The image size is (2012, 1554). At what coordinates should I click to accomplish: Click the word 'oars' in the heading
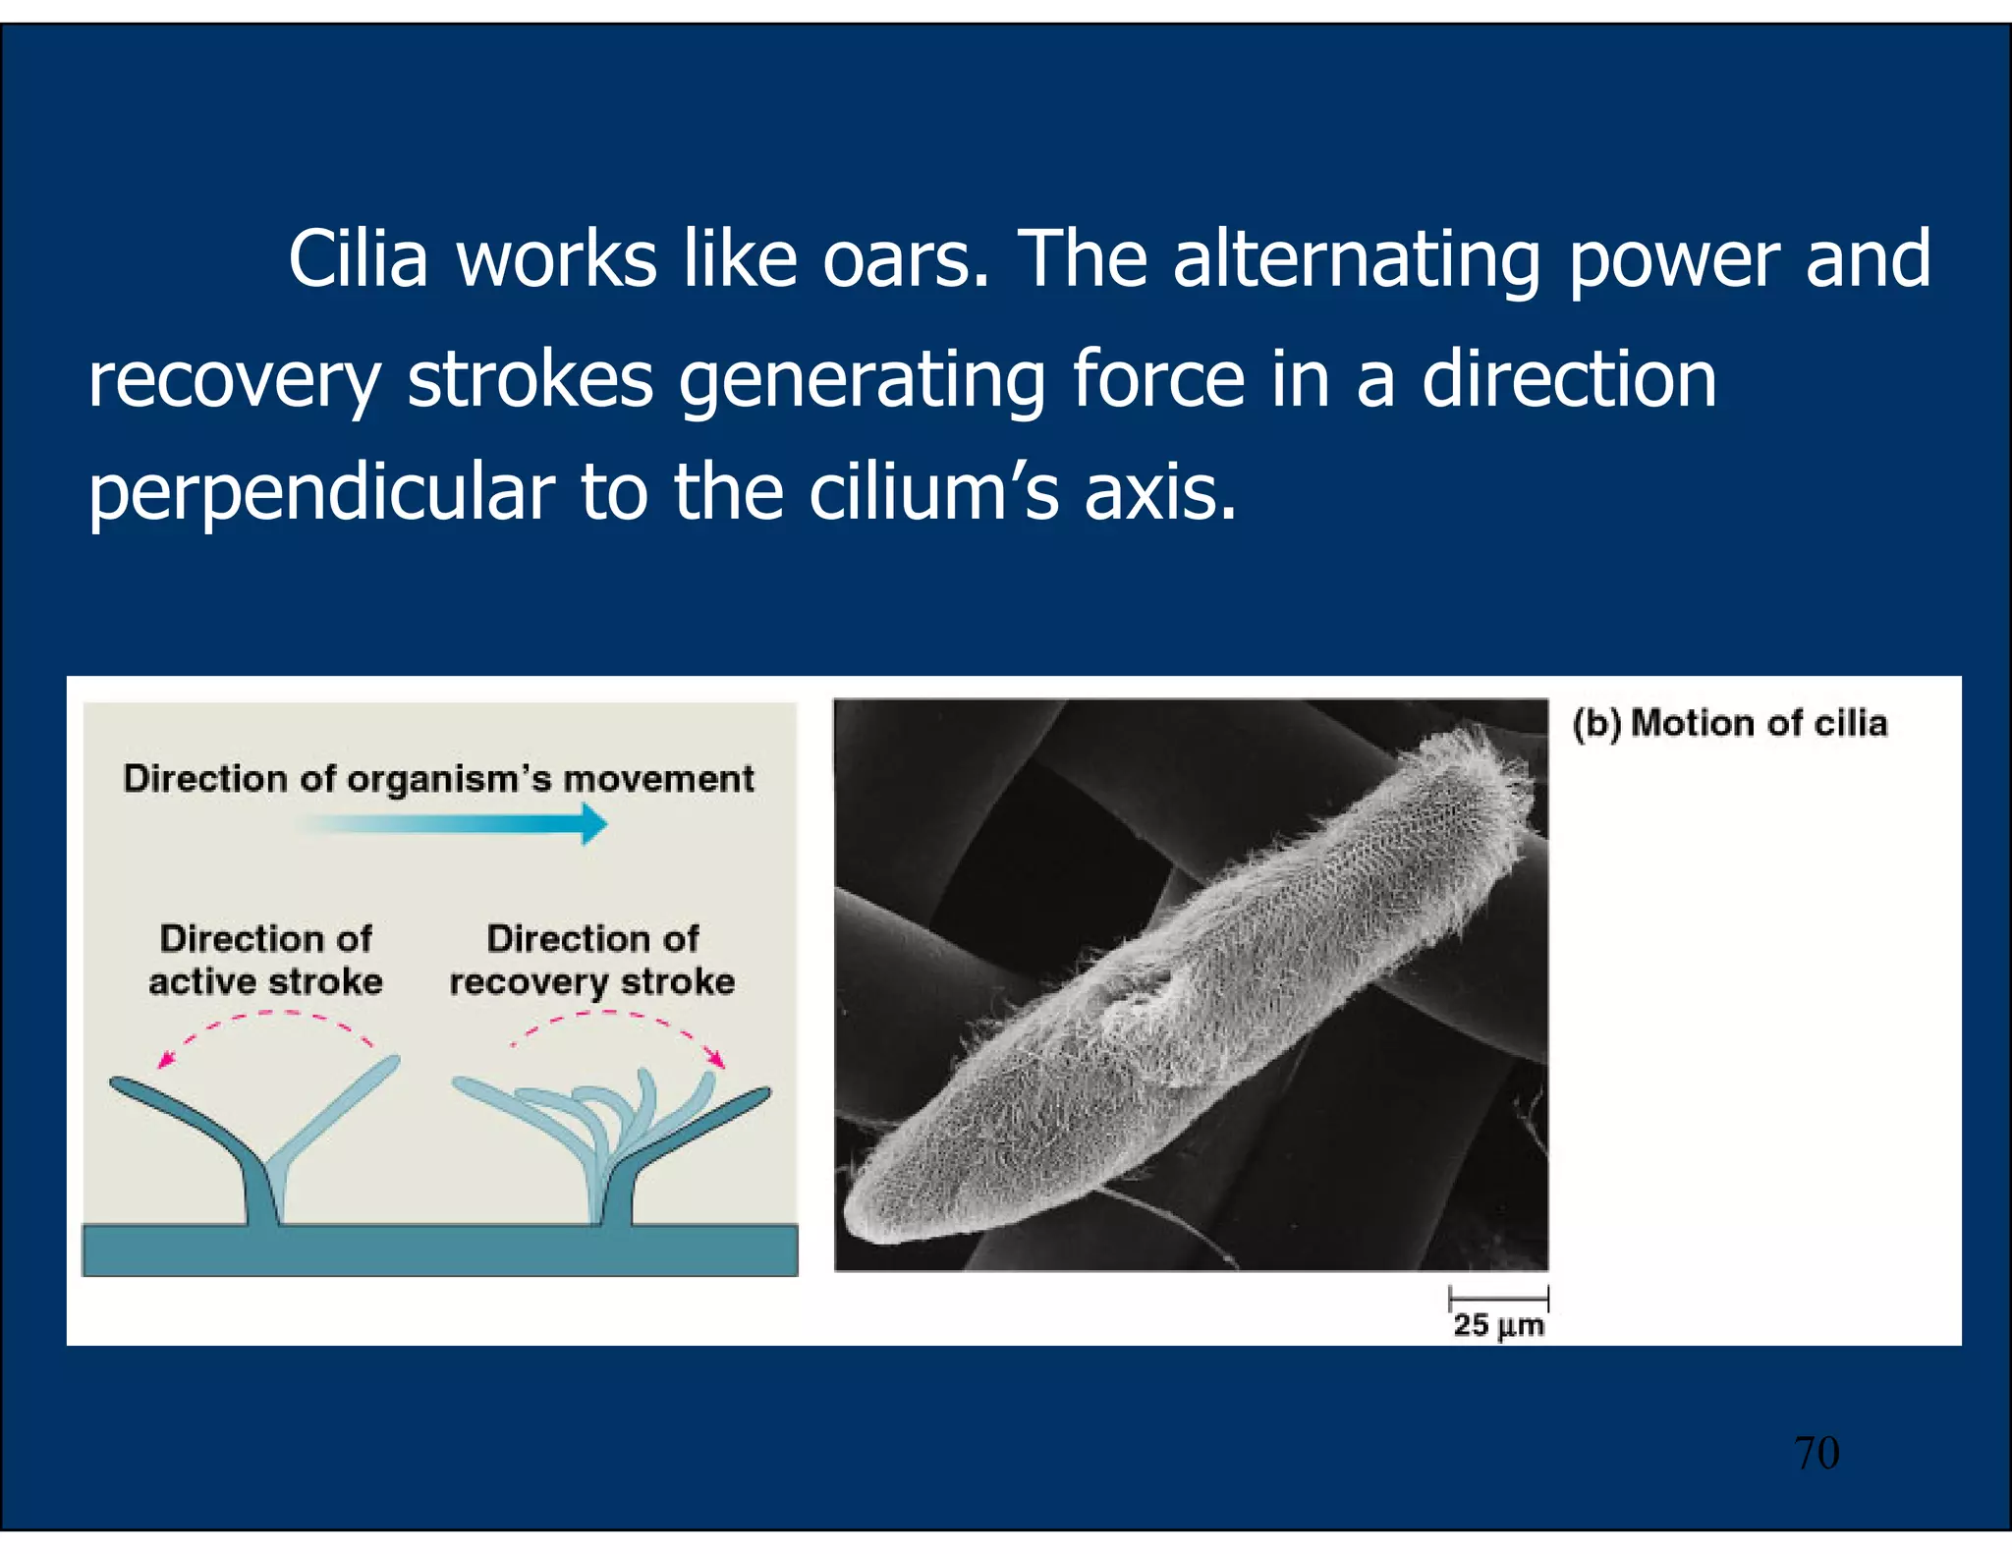tap(904, 259)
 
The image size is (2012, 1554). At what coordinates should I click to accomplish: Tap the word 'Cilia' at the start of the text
tap(358, 259)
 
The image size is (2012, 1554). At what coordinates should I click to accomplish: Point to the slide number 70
tap(1816, 1453)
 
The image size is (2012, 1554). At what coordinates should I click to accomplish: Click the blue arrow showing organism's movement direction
tap(462, 823)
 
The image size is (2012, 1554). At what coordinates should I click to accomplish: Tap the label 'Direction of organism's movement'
tap(438, 778)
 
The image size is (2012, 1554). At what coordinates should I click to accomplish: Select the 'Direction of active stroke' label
tap(265, 960)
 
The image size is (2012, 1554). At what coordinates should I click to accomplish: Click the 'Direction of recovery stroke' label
tap(592, 960)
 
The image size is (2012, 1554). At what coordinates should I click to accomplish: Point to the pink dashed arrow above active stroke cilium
tap(265, 1031)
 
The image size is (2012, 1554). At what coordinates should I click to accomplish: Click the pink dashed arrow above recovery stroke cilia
tap(619, 1031)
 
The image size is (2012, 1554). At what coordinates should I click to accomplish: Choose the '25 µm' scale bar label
tap(1498, 1325)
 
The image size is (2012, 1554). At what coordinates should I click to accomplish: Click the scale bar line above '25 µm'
tap(1499, 1298)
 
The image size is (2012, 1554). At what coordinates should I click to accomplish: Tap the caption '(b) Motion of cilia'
tap(1729, 723)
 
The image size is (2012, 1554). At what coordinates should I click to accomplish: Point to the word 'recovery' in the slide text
tap(234, 381)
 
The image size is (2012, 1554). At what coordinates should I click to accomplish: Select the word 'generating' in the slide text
tap(862, 381)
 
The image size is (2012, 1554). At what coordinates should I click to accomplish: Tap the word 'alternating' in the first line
tap(1356, 259)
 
